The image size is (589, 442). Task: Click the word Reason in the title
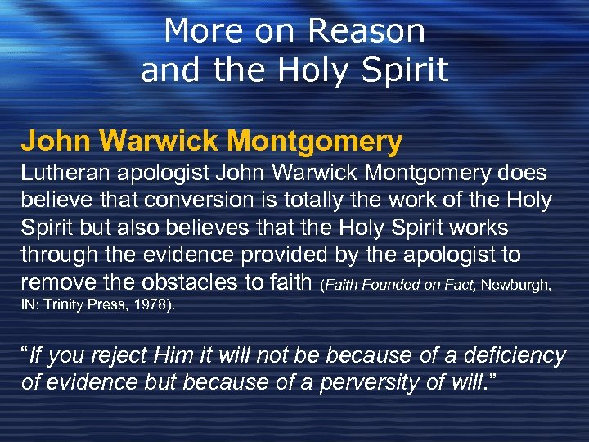tap(367, 32)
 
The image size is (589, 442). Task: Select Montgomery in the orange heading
tap(317, 142)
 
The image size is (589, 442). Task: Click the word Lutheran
tap(61, 173)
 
